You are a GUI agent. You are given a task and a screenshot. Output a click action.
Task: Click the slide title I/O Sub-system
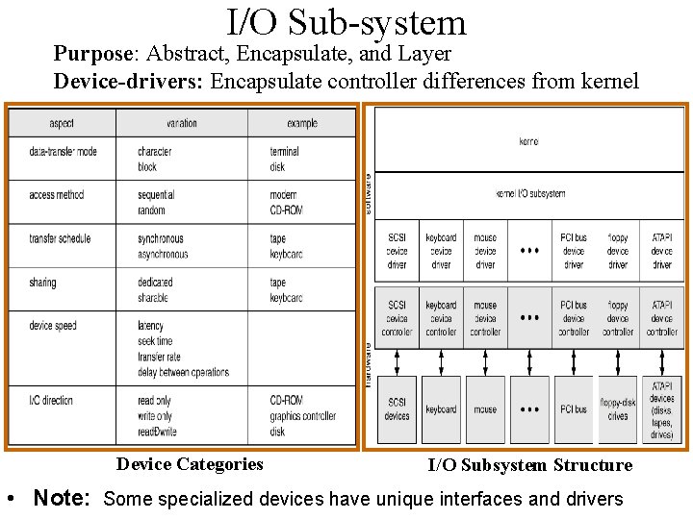coord(346,22)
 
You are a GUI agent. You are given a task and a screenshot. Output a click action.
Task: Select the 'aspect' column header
coord(62,123)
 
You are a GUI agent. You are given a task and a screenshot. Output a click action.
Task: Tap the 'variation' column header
coord(181,123)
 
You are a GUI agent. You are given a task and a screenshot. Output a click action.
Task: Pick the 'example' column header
coord(301,123)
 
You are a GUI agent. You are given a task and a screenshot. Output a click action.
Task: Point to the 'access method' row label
coord(57,195)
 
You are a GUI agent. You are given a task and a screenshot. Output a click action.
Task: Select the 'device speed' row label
coord(53,326)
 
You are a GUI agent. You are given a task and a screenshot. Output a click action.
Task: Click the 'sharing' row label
coord(42,283)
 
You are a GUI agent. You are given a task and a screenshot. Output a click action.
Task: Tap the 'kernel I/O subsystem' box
coord(529,193)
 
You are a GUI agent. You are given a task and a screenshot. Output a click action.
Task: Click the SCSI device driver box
coord(397,250)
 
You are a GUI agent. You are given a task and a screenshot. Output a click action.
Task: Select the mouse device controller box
coord(485,318)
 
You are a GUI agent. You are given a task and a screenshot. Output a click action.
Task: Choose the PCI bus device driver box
coord(574,250)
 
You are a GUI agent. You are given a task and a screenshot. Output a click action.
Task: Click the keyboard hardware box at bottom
coord(441,409)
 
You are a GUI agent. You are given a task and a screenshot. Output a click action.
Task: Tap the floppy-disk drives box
coord(618,409)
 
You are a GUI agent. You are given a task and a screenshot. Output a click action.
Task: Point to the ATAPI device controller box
coord(662,318)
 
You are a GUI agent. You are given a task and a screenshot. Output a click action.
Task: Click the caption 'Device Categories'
coord(190,464)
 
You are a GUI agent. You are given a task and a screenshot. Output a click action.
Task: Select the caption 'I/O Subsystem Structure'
coord(530,465)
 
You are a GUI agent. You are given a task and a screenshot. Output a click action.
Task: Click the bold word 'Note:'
coord(62,498)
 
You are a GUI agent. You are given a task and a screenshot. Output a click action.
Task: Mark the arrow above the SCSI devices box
coord(397,359)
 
